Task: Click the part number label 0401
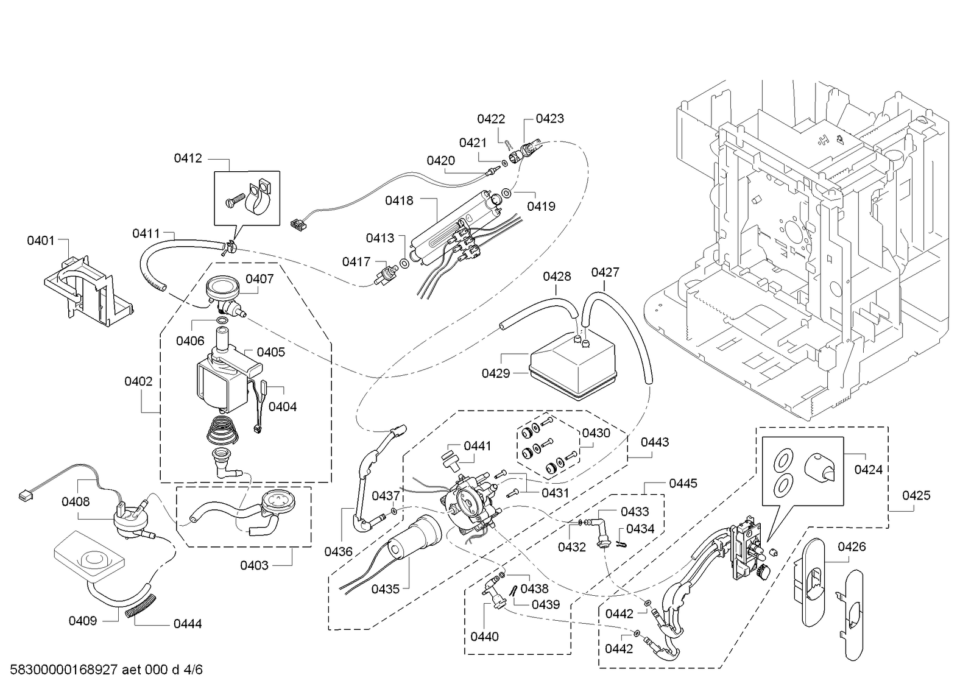click(41, 241)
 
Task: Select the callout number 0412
click(188, 158)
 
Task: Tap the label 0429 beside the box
click(496, 373)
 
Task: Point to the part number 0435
click(385, 589)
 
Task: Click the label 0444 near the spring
click(188, 624)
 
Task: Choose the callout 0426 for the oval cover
click(852, 547)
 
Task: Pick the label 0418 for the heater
click(399, 201)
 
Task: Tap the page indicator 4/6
click(193, 670)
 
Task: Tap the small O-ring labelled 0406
click(222, 321)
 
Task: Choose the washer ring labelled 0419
click(507, 193)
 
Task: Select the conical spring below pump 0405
click(222, 430)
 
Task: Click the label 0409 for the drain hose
click(83, 621)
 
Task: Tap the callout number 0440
click(484, 637)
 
